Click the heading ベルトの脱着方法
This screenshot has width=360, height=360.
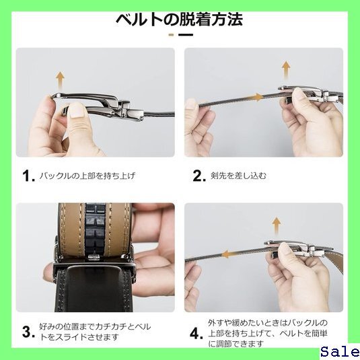point(179,20)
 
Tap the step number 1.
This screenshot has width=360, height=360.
point(28,176)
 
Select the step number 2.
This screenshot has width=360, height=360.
point(199,176)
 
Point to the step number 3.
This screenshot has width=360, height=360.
point(28,332)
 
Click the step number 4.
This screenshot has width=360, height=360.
point(196,333)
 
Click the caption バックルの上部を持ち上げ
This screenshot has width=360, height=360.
point(87,176)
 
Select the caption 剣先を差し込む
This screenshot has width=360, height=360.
point(239,176)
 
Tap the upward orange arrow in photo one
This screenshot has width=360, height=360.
point(60,81)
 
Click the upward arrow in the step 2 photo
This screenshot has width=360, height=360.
point(286,70)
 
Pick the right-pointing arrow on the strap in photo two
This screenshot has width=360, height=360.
point(255,98)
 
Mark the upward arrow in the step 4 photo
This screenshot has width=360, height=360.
point(277,225)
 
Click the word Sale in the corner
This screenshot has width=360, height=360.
point(340,352)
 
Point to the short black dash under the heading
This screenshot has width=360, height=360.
point(186,35)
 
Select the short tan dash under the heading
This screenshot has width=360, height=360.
point(172,35)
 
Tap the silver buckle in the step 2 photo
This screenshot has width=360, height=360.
point(310,94)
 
